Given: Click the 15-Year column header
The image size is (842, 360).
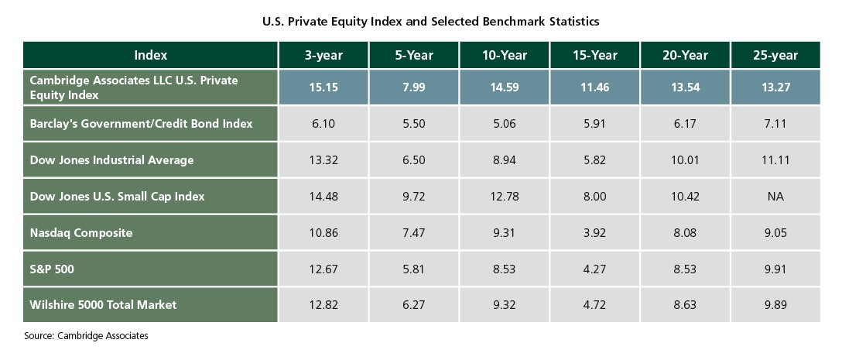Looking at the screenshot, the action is [594, 55].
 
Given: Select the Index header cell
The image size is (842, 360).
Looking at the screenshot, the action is [150, 55].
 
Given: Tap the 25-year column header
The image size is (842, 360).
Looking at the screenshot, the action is [775, 55].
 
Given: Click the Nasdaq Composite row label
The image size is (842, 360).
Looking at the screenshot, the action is [80, 233].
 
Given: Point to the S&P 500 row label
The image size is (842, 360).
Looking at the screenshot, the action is [52, 269].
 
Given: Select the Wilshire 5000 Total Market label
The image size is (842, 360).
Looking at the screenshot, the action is [103, 305].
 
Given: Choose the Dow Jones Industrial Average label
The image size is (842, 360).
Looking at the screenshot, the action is [111, 160].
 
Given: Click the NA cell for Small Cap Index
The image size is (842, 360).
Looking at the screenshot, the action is [775, 197].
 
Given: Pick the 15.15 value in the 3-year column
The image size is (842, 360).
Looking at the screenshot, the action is [323, 87].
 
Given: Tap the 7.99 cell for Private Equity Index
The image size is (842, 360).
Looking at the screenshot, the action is [414, 87].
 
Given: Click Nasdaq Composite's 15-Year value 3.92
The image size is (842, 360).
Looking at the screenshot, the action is [594, 233].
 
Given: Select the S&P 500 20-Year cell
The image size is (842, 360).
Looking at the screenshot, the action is [685, 269].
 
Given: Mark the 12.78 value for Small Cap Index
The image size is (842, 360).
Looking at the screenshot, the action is [505, 197].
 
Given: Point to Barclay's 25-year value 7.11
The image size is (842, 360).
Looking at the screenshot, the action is [775, 124].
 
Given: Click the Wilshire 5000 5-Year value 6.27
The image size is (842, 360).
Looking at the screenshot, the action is [414, 305].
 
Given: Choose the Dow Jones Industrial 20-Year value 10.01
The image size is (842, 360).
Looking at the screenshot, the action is [685, 160].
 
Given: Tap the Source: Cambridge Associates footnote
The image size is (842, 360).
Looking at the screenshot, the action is [86, 336].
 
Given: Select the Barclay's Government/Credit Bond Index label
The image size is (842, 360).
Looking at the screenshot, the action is [141, 124].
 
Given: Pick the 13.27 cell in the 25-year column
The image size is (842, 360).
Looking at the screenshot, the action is [775, 87].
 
